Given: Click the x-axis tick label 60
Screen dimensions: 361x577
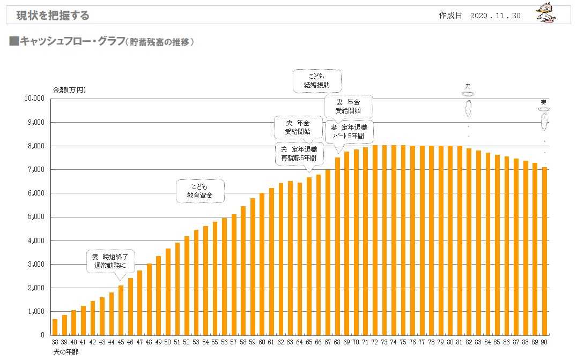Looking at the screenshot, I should tap(262, 342).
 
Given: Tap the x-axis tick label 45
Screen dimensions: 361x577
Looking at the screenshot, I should tap(121, 342).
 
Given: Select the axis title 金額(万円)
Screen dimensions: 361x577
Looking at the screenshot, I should tap(69, 90).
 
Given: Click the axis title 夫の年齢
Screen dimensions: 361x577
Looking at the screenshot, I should tap(65, 351).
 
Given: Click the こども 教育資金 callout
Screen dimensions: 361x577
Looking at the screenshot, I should tap(200, 191).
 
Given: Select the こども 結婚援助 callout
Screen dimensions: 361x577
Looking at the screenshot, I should tap(317, 80).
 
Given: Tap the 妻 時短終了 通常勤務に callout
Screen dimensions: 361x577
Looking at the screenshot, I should tap(110, 261).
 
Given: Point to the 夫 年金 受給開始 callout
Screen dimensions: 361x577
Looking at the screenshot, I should tap(298, 127).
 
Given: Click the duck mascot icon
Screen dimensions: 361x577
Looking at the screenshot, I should tap(546, 14).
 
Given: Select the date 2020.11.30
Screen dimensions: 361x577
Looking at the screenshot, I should tap(495, 16).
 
